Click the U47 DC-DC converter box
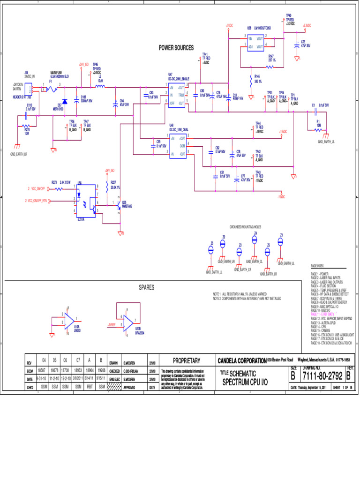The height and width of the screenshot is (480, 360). click(177, 95)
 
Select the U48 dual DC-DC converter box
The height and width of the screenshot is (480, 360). click(178, 146)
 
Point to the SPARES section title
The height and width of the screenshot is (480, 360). click(146, 287)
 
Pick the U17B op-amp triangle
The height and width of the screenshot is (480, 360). click(128, 323)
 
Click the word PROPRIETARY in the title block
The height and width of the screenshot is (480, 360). click(187, 360)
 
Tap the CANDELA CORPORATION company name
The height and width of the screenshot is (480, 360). click(242, 360)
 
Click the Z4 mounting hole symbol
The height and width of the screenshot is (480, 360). click(255, 239)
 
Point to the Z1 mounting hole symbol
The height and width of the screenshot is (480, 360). click(281, 241)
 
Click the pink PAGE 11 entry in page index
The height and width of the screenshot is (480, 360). click(325, 314)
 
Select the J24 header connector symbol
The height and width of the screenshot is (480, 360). click(29, 88)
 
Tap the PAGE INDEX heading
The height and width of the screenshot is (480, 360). click(317, 265)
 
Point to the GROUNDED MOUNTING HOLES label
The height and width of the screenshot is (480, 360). click(245, 226)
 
